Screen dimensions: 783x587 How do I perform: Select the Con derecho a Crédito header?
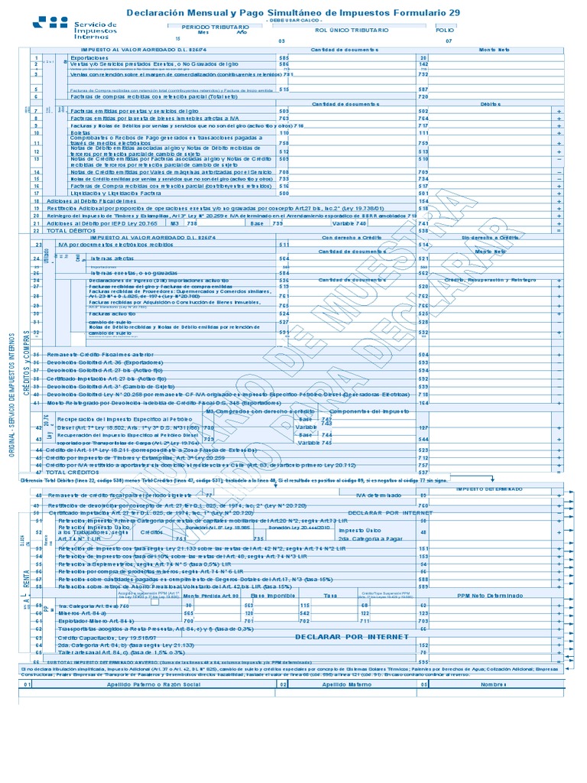click(346, 237)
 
